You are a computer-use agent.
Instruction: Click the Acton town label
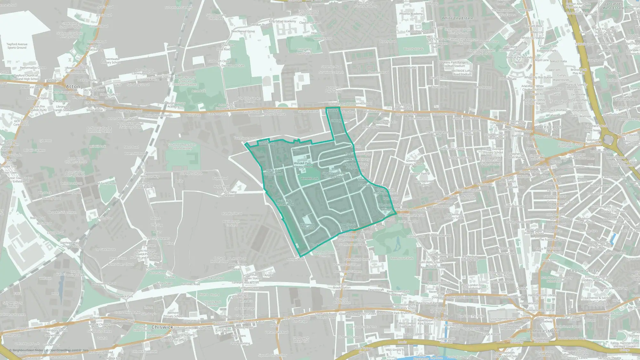coord(73,86)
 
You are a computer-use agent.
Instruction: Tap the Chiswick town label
coord(162,327)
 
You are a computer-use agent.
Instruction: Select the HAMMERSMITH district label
coord(542,331)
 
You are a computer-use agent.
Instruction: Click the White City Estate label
coord(457,18)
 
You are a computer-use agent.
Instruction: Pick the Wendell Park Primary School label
coord(302,165)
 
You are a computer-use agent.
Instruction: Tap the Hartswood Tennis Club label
coord(307,226)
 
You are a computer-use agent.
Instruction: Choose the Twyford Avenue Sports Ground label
coord(17,46)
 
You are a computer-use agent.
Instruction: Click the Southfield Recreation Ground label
coord(182,147)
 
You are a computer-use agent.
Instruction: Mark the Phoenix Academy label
coord(411,14)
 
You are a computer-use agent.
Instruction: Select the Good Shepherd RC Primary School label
coord(334,175)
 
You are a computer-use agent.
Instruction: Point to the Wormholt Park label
coord(413,49)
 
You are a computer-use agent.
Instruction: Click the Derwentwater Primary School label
coord(111,61)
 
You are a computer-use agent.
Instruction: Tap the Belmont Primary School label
coord(173,314)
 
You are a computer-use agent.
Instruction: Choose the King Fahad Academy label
coord(283,21)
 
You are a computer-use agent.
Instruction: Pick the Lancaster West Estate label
coord(613,6)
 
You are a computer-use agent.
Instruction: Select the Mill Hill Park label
coord(98,147)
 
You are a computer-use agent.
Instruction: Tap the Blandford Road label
coord(232,214)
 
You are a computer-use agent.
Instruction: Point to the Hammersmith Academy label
coord(425,183)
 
